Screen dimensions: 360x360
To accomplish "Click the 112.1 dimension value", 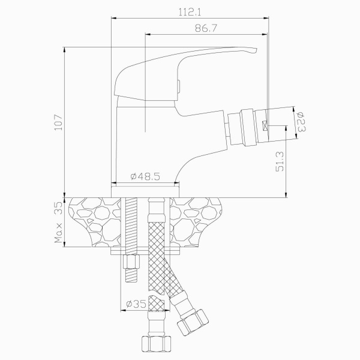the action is coord(190,12).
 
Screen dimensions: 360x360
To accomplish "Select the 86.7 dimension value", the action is coord(206,28).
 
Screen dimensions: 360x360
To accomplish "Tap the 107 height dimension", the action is coord(59,122).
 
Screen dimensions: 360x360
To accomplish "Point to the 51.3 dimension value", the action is coord(280,161).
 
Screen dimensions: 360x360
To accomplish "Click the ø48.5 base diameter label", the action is coord(145,176).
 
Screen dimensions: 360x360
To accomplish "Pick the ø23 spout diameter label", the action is coord(301,122).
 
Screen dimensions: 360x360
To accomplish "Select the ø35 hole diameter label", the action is coord(136,304).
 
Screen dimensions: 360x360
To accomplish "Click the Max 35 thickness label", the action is coord(58,222).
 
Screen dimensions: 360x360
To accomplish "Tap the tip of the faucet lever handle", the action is coord(256,50).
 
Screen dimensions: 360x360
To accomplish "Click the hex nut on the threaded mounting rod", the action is coord(131,262).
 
